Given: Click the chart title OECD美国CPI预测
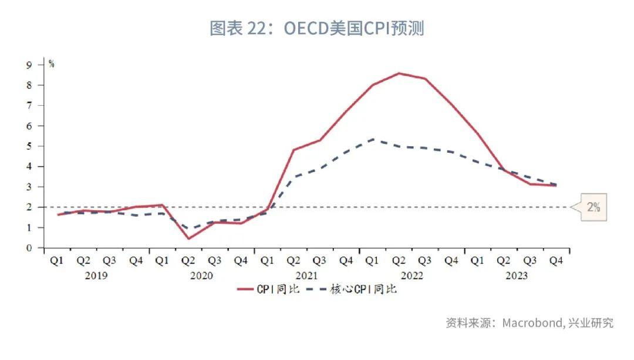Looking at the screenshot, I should (316, 28).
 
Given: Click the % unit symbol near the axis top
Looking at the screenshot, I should (52, 64).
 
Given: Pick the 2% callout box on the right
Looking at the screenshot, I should (593, 207).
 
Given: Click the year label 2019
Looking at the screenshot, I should (96, 275).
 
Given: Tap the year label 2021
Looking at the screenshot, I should (306, 275).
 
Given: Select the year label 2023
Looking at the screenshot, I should (516, 275).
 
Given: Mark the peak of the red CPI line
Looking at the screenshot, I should (399, 73).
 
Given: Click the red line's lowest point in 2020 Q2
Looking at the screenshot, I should (188, 238).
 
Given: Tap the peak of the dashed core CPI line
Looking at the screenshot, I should (372, 139).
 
